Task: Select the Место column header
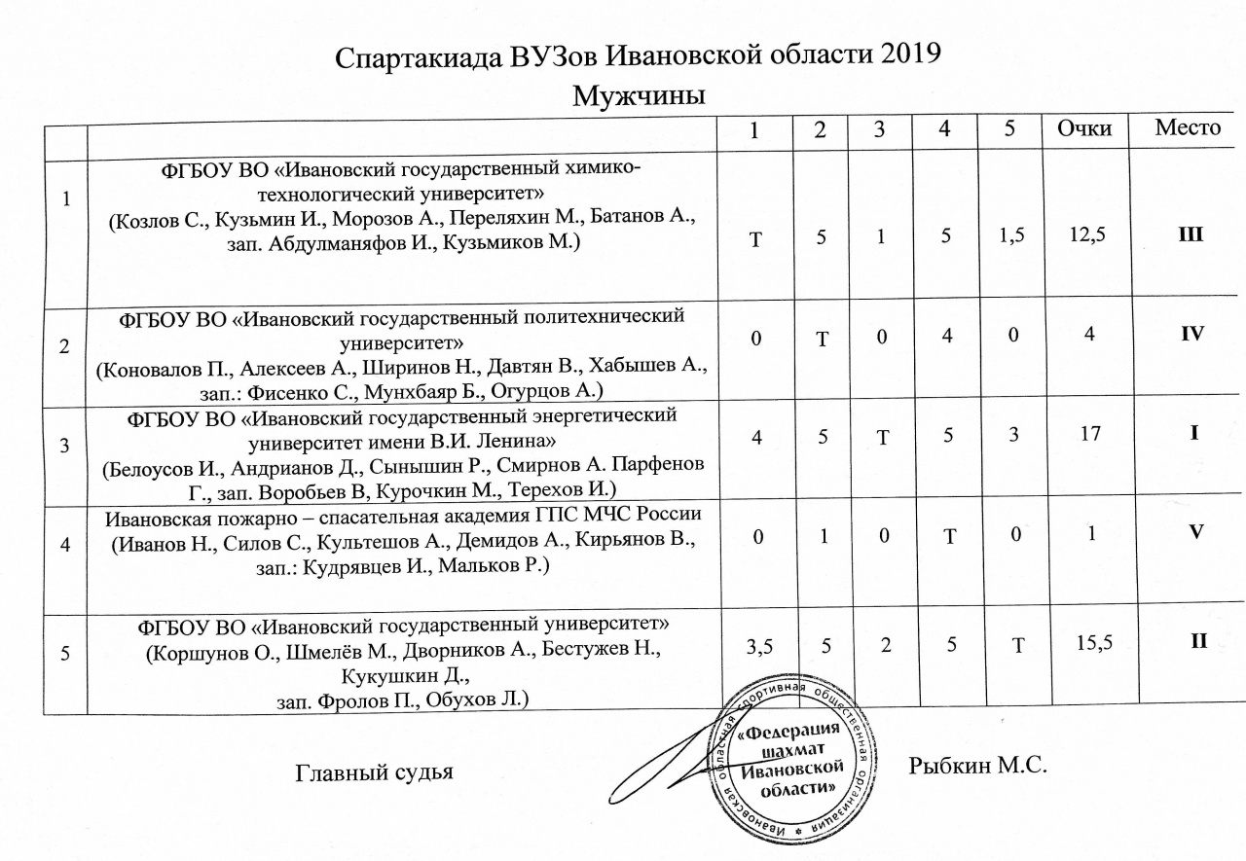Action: click(x=1187, y=128)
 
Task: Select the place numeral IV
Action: click(x=1191, y=334)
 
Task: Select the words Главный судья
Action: click(x=374, y=773)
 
